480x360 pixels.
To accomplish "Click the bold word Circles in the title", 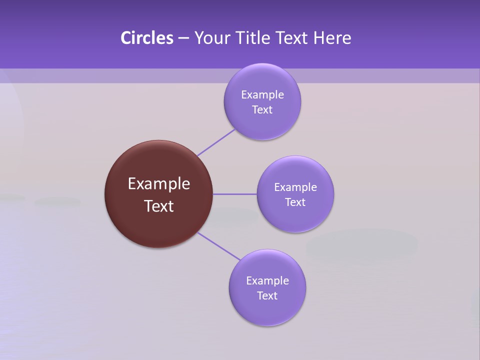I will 146,38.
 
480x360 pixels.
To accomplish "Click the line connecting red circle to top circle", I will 216,142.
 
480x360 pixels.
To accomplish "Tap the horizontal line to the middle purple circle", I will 234,194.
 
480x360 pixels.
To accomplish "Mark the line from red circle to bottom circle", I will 219,246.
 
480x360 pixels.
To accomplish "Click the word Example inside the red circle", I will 159,184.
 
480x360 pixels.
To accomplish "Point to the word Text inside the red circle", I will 159,206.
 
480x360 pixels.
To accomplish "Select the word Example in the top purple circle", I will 262,94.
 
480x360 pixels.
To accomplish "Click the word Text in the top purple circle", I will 262,109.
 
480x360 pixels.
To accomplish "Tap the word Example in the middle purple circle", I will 295,187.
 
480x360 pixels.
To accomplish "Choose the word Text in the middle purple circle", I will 295,202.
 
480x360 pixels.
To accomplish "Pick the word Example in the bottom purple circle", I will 267,280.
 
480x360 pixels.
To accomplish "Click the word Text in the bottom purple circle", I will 267,295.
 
